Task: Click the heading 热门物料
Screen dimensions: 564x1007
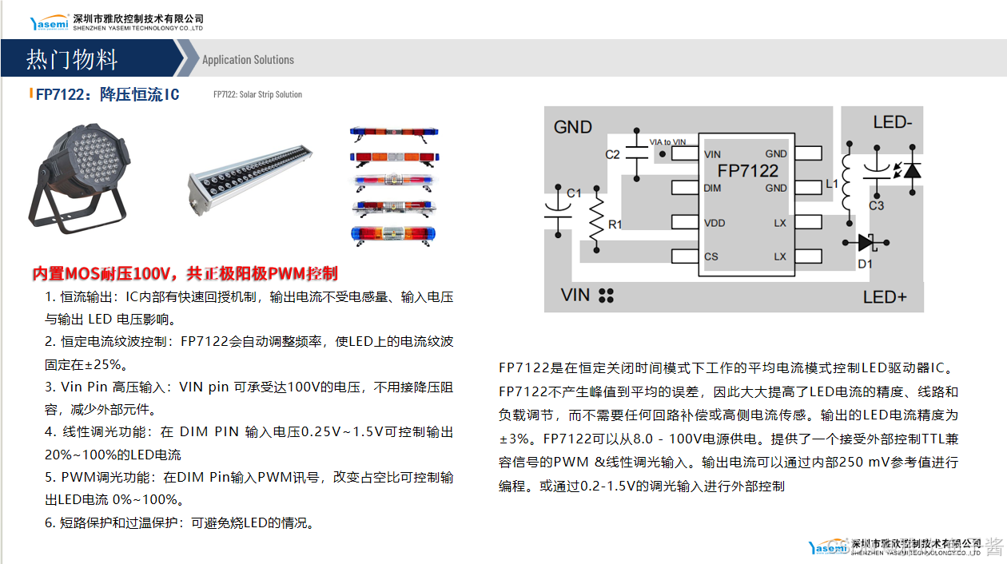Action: point(72,60)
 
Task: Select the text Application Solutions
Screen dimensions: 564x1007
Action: point(248,60)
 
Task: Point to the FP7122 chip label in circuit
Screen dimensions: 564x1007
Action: point(747,171)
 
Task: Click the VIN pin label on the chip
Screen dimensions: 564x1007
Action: point(713,154)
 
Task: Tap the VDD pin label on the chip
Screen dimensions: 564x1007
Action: point(714,223)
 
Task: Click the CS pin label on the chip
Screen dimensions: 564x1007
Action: point(710,257)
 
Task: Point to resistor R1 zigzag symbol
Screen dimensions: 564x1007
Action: point(595,220)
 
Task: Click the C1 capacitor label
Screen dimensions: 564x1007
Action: point(574,193)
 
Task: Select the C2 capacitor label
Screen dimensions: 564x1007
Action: point(612,154)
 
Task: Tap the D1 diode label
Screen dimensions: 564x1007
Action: point(865,264)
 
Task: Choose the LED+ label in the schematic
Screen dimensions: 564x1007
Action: point(885,297)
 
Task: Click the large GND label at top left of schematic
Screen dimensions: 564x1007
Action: point(573,127)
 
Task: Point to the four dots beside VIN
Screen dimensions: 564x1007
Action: point(606,296)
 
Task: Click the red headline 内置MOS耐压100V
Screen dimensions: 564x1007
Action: point(100,274)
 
